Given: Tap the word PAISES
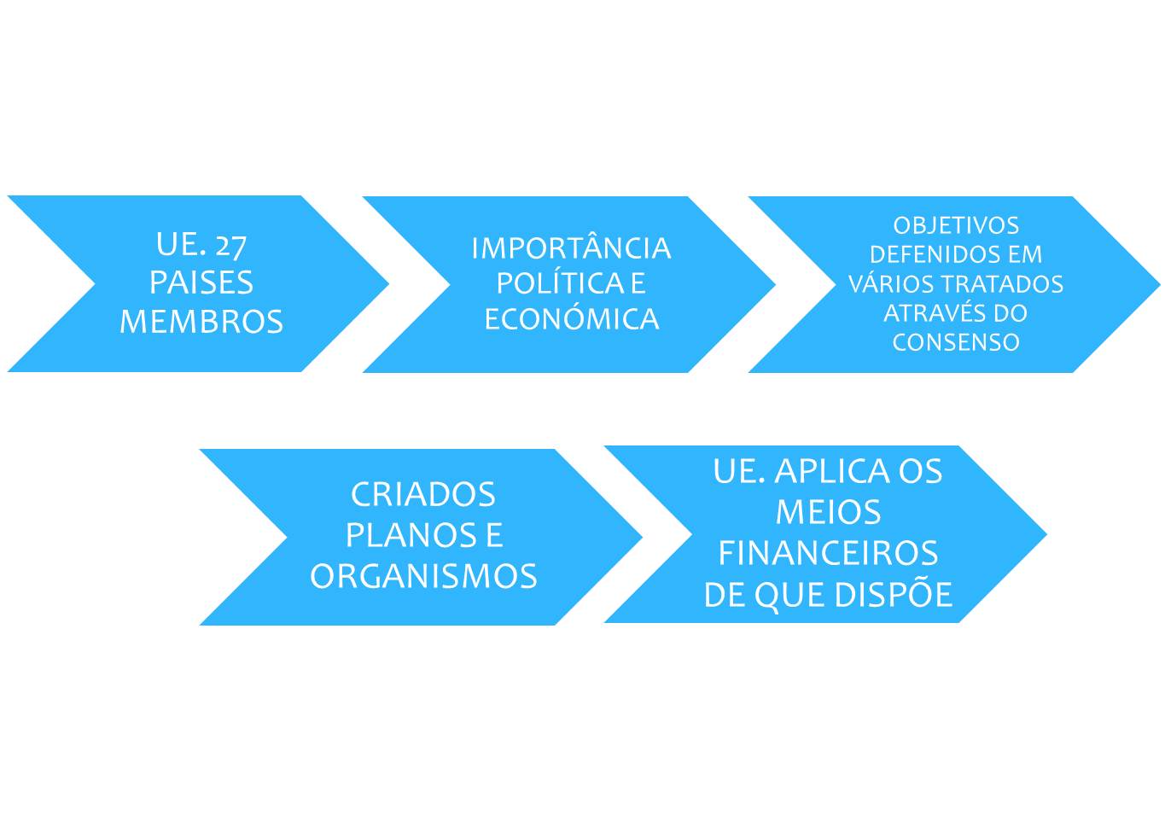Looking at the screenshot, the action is pyautogui.click(x=201, y=282).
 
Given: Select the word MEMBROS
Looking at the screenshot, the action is pyautogui.click(x=201, y=322).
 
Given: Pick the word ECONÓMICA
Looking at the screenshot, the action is pyautogui.click(x=572, y=317).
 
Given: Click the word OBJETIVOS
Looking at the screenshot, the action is pyautogui.click(x=956, y=225).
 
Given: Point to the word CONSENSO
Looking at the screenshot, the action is pyautogui.click(x=956, y=342).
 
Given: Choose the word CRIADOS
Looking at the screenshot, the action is pyautogui.click(x=423, y=494).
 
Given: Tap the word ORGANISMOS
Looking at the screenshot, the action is pyautogui.click(x=423, y=576).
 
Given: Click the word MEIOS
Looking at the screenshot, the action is pyautogui.click(x=828, y=513).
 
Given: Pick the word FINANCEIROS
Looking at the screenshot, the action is pyautogui.click(x=828, y=553).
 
